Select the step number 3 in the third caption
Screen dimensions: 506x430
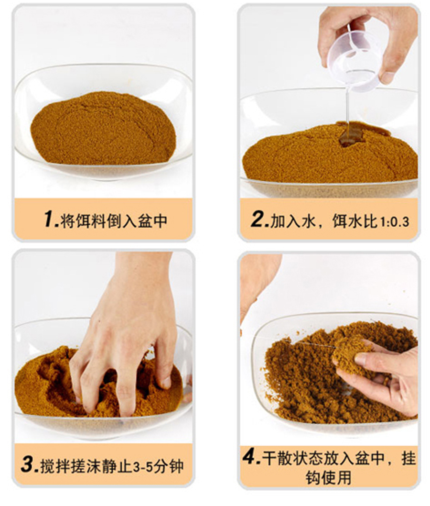pyautogui.click(x=30, y=464)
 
